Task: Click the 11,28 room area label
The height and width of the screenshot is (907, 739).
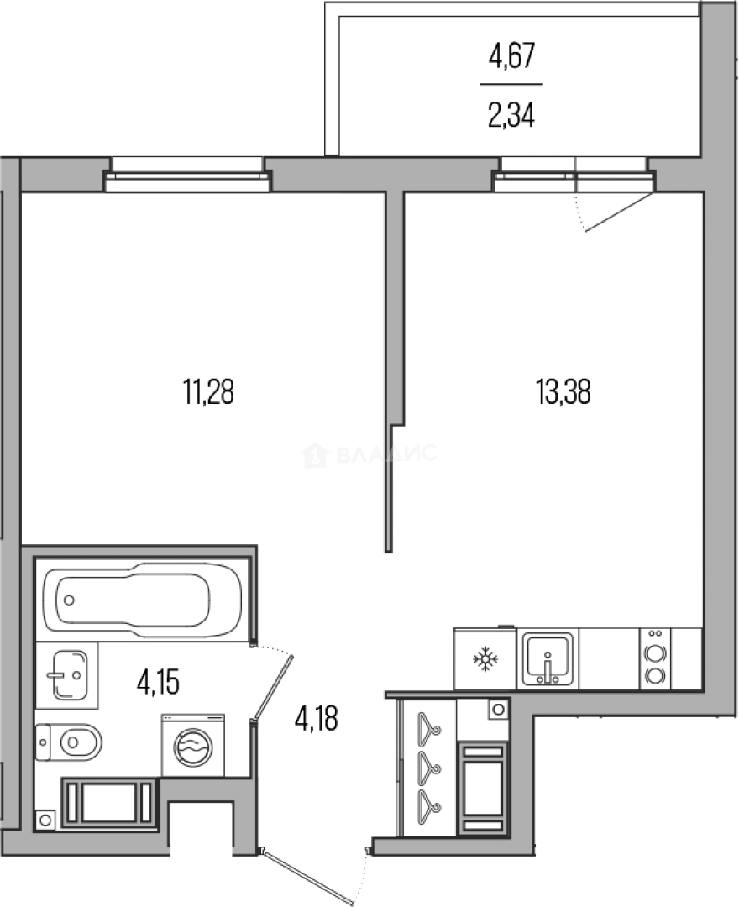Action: (x=208, y=391)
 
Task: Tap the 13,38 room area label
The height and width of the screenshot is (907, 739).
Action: (x=563, y=391)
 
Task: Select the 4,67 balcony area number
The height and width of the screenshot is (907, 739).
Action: (x=511, y=56)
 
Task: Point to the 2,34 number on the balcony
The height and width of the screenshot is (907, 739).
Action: (x=511, y=114)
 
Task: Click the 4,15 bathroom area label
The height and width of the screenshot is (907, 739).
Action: (x=158, y=682)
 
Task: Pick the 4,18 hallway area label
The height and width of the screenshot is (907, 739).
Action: (x=317, y=719)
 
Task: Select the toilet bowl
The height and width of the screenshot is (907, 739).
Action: (x=69, y=742)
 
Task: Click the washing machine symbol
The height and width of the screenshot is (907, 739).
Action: (x=192, y=746)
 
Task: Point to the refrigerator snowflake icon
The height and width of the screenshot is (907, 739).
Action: (x=485, y=658)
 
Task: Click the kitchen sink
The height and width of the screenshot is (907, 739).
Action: (x=547, y=659)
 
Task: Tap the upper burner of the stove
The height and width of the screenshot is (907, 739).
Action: (x=655, y=653)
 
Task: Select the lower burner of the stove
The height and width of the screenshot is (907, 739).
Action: (x=655, y=675)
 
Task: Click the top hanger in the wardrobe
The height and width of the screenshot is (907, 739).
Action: (x=428, y=724)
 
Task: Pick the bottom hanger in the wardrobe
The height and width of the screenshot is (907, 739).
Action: (x=428, y=803)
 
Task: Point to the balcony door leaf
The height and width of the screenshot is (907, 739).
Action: (x=619, y=212)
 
